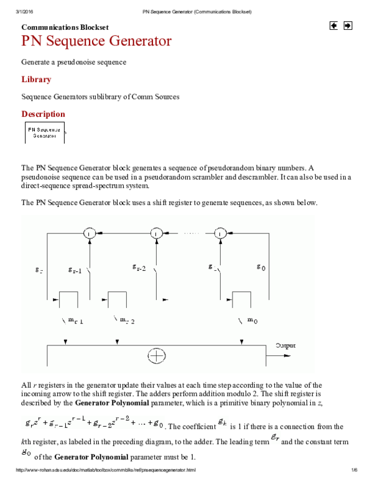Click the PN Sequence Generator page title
tap(96, 42)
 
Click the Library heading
tap(36, 80)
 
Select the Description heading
tap(43, 114)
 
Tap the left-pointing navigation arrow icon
tap(334, 26)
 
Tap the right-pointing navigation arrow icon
tap(348, 26)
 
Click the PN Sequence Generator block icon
tap(44, 132)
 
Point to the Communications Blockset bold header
tap(65, 28)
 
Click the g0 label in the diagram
tap(261, 267)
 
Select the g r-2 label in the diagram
tap(139, 268)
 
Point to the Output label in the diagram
tap(285, 345)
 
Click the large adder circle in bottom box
tap(157, 357)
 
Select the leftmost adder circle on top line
tap(90, 233)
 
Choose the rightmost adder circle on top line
tap(219, 233)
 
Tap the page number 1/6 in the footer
tap(354, 476)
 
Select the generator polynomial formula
tap(94, 425)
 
